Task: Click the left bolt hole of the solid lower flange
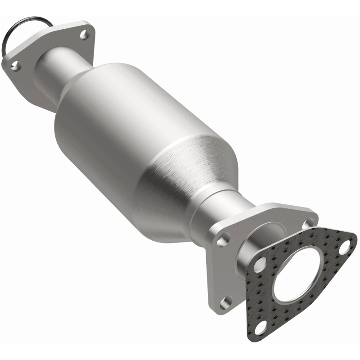221,241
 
